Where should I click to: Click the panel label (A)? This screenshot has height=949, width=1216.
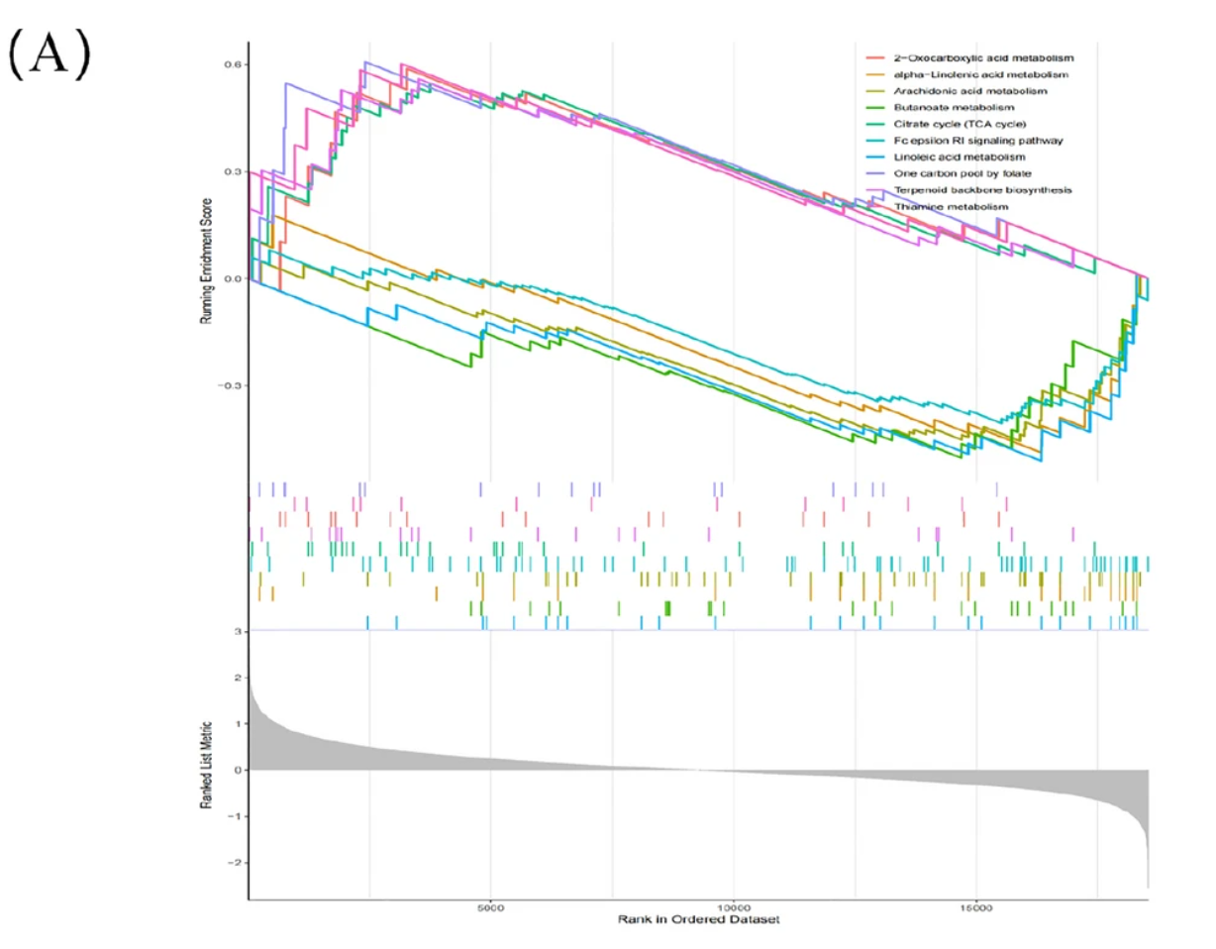click(49, 58)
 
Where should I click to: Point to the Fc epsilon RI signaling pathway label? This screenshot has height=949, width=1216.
click(964, 141)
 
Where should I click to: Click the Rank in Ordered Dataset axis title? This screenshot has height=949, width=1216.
click(697, 920)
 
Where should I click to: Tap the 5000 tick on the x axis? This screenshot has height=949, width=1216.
click(491, 908)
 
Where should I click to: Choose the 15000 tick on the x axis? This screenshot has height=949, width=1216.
click(976, 908)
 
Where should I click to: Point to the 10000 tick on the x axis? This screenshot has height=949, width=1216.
click(734, 908)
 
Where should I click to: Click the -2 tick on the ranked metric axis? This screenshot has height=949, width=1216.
click(234, 863)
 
